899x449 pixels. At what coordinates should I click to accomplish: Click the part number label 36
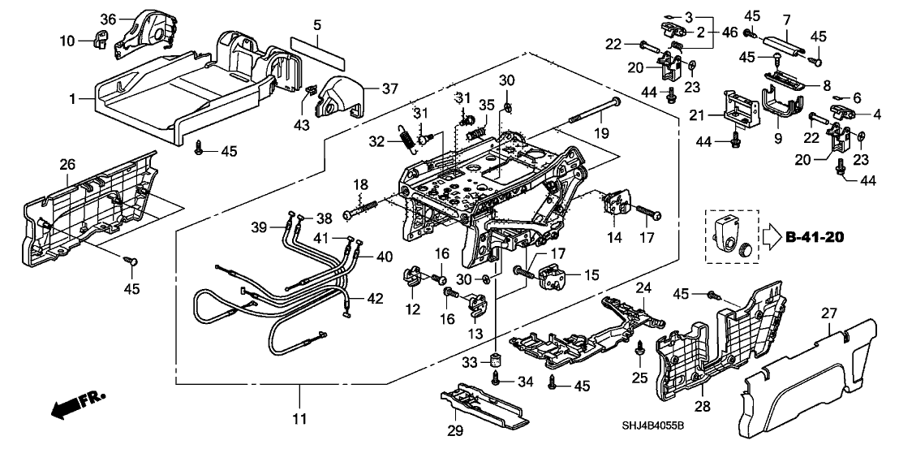pyautogui.click(x=110, y=19)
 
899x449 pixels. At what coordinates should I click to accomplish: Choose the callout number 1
pyautogui.click(x=72, y=99)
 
